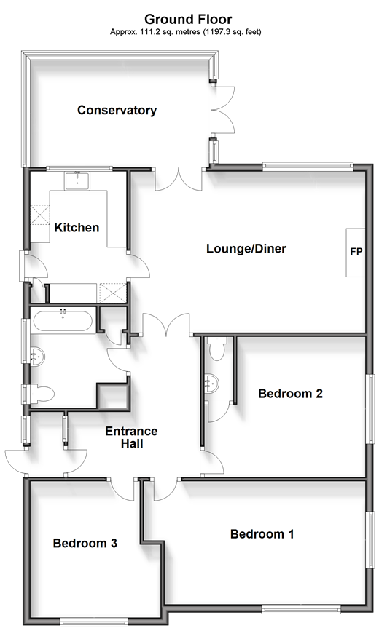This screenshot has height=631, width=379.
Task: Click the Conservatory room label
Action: click(117, 111)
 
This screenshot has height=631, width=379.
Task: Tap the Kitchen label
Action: click(77, 227)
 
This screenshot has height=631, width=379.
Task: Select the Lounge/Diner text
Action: click(246, 248)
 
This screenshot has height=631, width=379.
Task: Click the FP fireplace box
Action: click(356, 253)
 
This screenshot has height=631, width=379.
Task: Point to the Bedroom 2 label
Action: click(290, 393)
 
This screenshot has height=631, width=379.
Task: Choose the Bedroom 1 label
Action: click(262, 534)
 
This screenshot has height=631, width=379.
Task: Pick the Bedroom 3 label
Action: click(85, 543)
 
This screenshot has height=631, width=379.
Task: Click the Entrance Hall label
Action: click(131, 437)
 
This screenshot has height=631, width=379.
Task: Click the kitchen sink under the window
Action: click(77, 180)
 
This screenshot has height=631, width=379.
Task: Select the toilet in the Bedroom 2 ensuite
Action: click(217, 349)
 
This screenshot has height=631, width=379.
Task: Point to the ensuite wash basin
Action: click(211, 383)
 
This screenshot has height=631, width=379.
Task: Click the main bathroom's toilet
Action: click(41, 393)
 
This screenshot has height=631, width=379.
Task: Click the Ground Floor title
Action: click(188, 19)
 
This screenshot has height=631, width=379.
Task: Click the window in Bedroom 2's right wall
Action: click(370, 409)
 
